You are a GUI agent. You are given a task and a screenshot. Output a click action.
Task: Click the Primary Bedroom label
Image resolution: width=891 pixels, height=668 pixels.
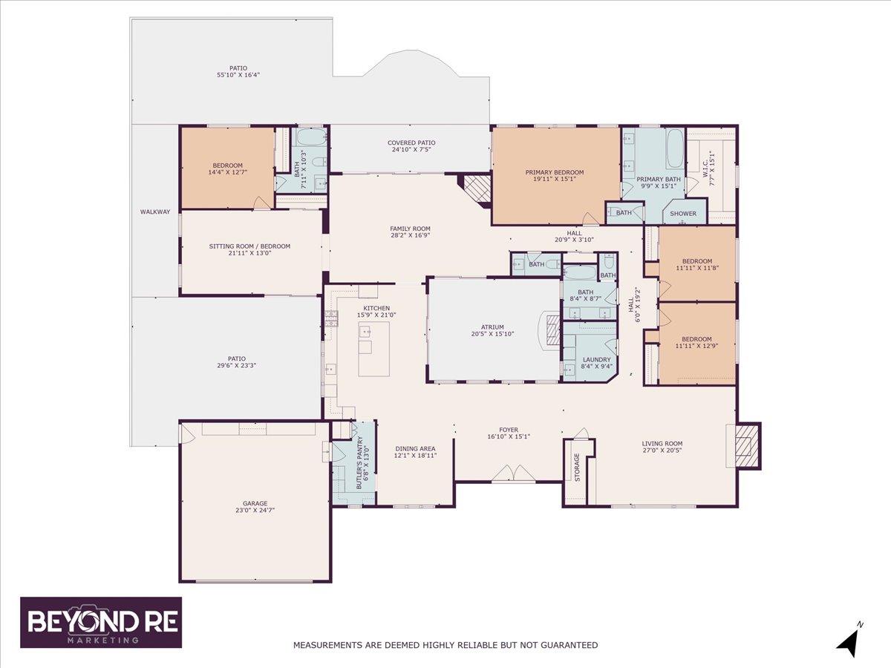coord(555,172)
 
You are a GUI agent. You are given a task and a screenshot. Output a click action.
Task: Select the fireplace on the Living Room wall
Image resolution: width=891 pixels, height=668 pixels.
coord(745,445)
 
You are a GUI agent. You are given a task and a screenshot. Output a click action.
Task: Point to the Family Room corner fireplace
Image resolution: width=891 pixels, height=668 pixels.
coord(475,189)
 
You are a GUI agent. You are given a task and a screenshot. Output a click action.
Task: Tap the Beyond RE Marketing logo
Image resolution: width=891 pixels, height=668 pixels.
coord(101,622)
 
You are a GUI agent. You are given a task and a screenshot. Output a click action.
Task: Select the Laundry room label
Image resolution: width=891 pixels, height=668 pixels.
coord(597,359)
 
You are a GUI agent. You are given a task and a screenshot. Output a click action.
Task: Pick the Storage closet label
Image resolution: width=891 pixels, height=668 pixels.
coord(578,468)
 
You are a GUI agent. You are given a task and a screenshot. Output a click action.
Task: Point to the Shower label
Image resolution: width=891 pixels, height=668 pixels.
coord(683,213)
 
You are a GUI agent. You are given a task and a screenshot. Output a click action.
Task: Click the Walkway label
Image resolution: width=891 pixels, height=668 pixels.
coord(155,212)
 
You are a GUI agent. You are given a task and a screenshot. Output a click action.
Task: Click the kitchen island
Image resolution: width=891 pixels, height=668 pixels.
coord(374,349)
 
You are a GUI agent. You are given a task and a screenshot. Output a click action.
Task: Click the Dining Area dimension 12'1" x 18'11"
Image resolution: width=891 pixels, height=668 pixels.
coord(415,455)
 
